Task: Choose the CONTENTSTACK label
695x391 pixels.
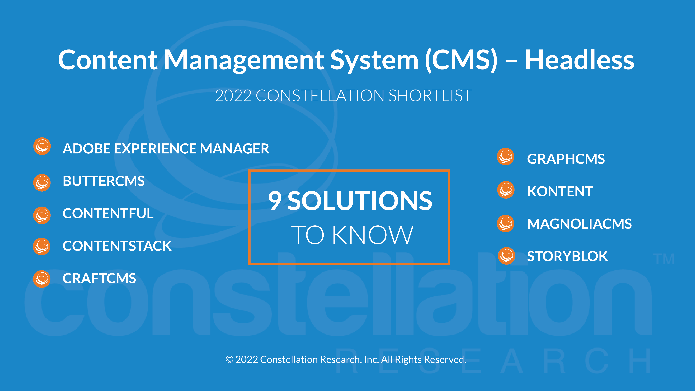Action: (117, 246)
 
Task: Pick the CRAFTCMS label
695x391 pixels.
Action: (99, 278)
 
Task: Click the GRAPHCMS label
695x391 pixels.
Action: (566, 159)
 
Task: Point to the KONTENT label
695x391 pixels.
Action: (560, 191)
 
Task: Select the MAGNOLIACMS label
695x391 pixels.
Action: (579, 224)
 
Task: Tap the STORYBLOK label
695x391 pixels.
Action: (567, 256)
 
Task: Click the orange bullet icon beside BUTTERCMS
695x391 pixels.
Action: (42, 183)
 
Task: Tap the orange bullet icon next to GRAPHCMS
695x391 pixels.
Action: (506, 157)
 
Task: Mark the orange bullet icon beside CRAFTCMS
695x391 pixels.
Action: (42, 279)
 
